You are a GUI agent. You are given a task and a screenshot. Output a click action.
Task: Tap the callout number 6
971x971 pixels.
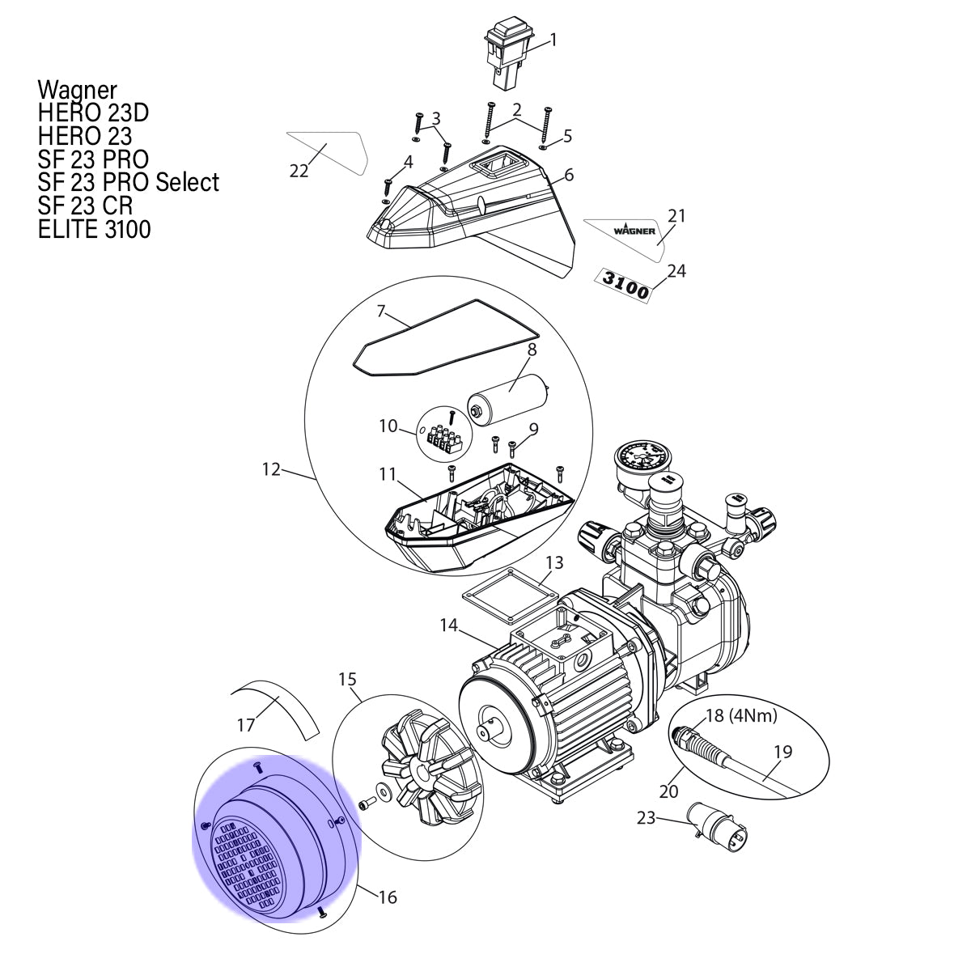[569, 176]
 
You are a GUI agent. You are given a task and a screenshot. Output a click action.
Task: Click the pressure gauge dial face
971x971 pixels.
[637, 460]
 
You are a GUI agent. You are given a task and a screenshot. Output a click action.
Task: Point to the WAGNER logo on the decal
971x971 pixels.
[634, 231]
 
